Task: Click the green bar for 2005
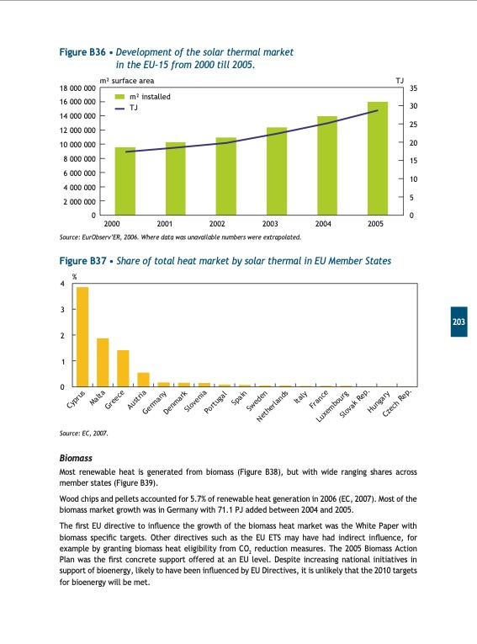[x=378, y=159]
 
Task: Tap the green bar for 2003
[x=277, y=172]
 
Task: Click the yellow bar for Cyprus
[x=82, y=337]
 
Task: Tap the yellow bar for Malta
[x=103, y=362]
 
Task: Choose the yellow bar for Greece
[x=123, y=368]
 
